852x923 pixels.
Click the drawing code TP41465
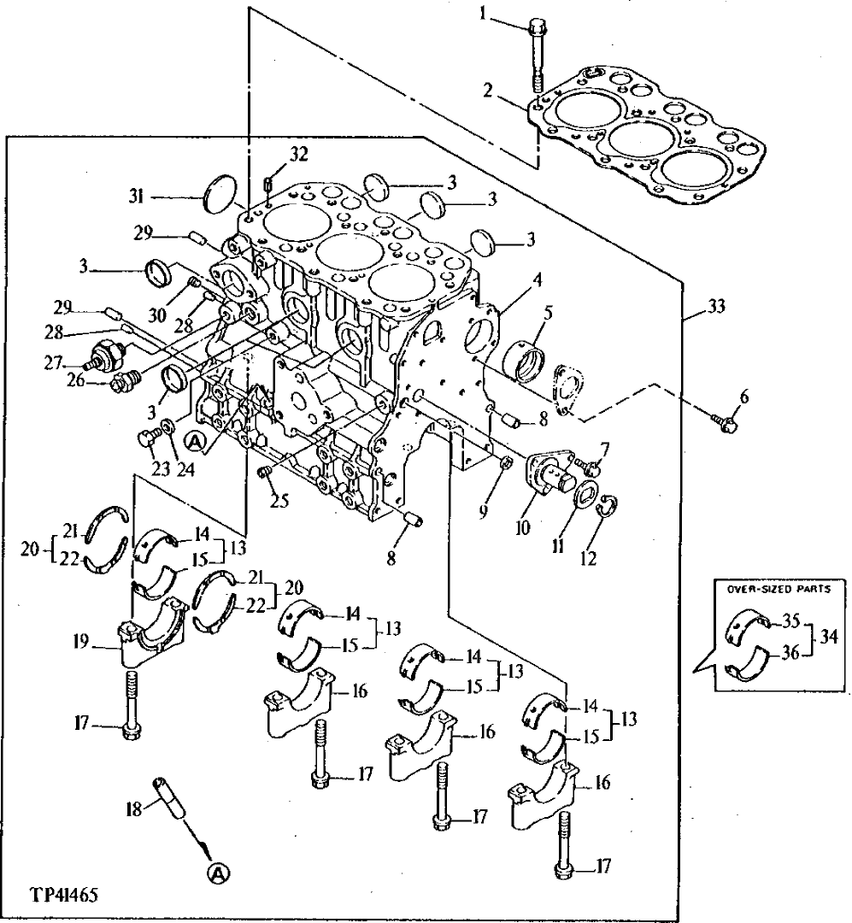(x=63, y=896)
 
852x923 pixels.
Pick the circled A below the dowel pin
(x=218, y=873)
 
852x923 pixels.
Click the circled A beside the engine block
(x=194, y=441)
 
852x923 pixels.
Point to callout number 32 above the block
(x=297, y=155)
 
